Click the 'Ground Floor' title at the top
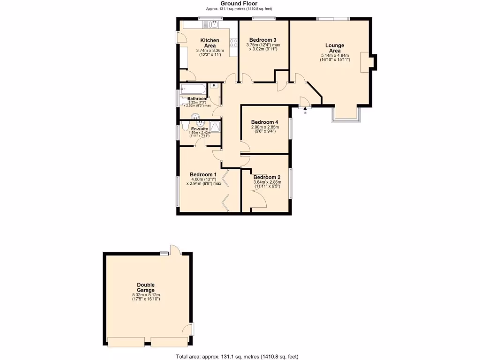pos(239,3)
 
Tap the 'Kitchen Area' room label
pos(210,43)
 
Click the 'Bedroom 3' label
pos(262,40)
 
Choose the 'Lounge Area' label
pos(335,48)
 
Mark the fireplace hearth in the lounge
pos(364,62)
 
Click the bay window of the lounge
pos(346,115)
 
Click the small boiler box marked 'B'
pos(213,86)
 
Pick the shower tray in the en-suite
pos(215,127)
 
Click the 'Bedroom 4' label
pos(265,122)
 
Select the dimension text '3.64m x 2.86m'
pos(267,182)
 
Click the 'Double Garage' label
pos(146,287)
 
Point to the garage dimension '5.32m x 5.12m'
pos(146,295)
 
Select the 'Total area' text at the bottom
pos(237,356)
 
